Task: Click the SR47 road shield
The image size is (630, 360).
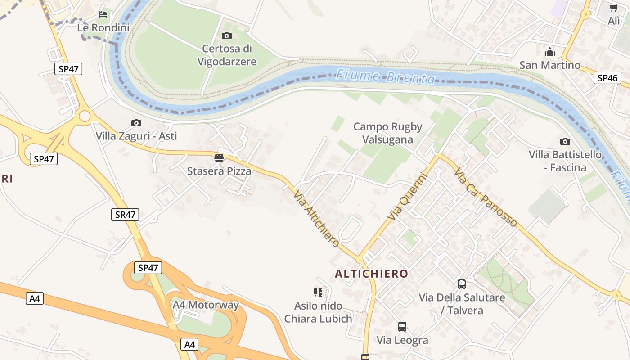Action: (125, 215)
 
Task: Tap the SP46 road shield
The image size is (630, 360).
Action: (607, 78)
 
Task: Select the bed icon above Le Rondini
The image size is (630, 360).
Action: (103, 14)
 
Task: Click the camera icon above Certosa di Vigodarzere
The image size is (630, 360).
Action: (227, 36)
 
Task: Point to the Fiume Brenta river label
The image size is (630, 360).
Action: (386, 76)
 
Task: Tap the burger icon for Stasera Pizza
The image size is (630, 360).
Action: (219, 158)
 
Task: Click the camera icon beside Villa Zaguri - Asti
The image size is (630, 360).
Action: (136, 123)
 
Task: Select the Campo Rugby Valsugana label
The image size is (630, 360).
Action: (387, 133)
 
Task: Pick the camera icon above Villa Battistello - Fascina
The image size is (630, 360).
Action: (565, 141)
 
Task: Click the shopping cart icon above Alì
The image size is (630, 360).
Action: (613, 8)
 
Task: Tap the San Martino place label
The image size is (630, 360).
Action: (550, 65)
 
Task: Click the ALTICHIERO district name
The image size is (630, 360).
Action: (372, 274)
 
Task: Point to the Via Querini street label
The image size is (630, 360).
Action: (406, 197)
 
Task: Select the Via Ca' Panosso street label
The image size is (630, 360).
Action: (486, 197)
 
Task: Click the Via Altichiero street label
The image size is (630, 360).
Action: (316, 219)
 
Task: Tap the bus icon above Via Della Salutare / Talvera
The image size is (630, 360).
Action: (462, 284)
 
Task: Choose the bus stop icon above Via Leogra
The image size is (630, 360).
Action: (402, 326)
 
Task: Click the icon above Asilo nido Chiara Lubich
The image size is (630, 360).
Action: (318, 292)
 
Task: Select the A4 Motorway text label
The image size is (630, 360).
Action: (206, 305)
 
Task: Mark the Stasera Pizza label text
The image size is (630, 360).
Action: (219, 171)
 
